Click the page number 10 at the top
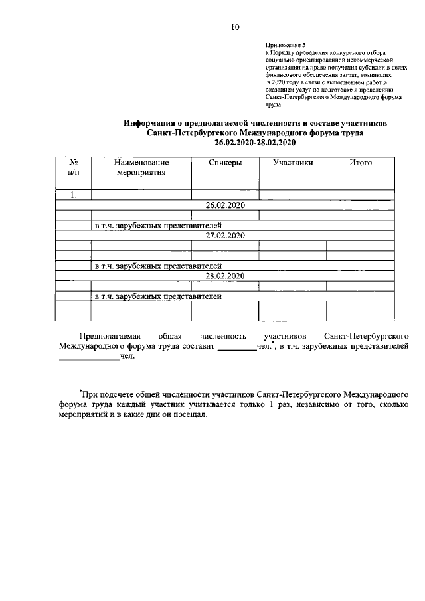(234, 27)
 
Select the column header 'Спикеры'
(224, 163)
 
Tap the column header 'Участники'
(293, 163)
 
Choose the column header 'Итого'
(361, 163)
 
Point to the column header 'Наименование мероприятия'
(141, 167)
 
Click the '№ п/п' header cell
(73, 167)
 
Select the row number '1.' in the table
(73, 195)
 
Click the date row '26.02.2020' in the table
(225, 205)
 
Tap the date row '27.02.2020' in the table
(225, 236)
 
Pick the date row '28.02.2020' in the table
(225, 276)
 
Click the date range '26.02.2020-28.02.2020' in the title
(255, 143)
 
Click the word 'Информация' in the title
(152, 124)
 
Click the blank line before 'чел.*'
(236, 347)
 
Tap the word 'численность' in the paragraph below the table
(226, 337)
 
